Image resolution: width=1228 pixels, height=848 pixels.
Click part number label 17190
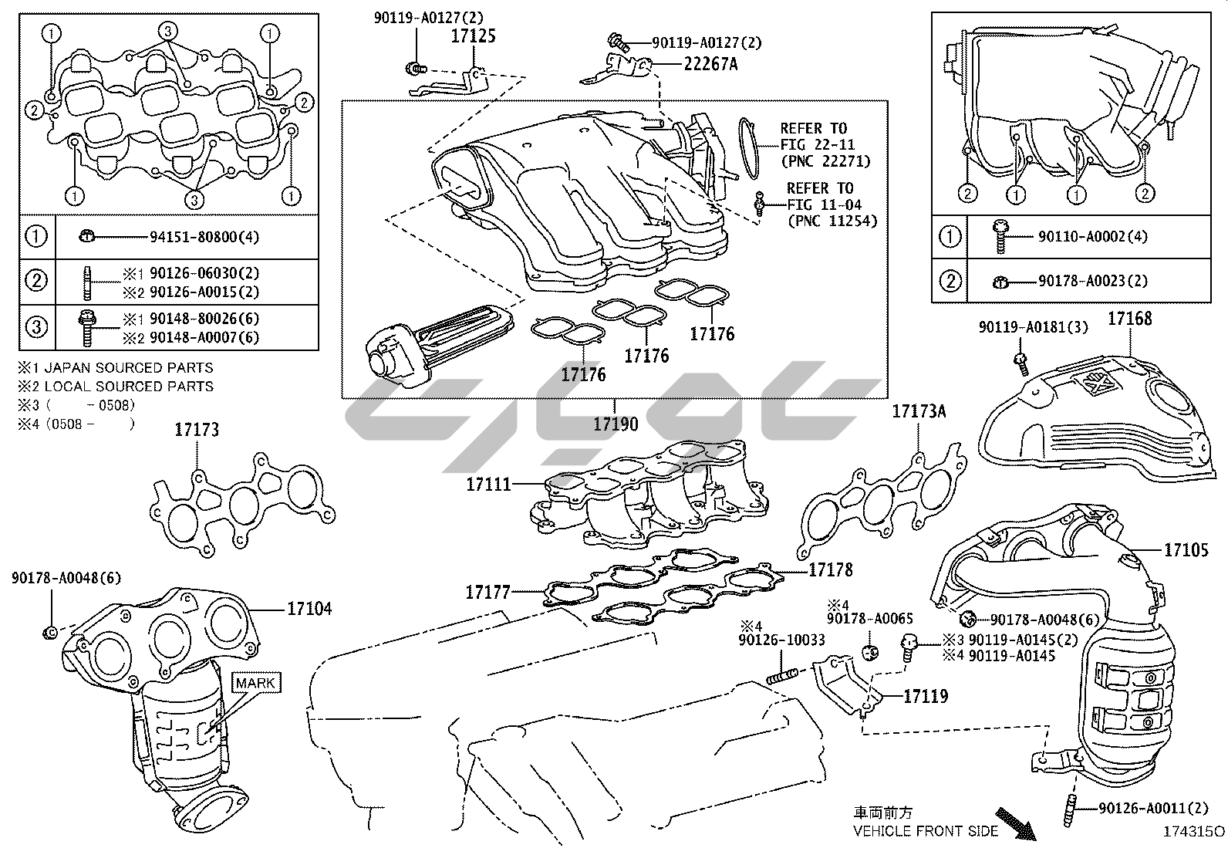(x=616, y=424)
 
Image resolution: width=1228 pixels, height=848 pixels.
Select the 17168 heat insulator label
(x=1130, y=318)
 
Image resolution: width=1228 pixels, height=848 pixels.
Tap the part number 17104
(x=309, y=609)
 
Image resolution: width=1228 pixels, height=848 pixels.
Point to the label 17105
(x=1186, y=549)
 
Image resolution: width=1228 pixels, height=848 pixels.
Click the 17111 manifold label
(x=488, y=485)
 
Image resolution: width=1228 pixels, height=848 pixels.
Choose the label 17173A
(x=919, y=411)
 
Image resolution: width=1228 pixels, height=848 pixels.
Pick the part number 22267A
(x=710, y=64)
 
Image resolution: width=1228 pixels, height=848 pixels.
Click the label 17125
(x=473, y=35)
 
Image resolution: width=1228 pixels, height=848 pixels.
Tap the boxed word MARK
(x=255, y=683)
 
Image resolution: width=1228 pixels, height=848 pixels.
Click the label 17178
(x=831, y=569)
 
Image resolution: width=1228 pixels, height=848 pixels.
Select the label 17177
(x=487, y=593)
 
